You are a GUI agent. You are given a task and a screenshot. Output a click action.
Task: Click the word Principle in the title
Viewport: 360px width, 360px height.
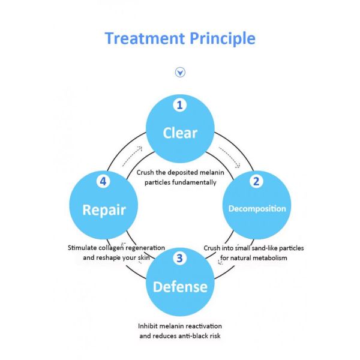tap(223, 39)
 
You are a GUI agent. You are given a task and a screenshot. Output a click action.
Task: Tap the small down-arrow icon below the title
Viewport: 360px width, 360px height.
tap(180, 73)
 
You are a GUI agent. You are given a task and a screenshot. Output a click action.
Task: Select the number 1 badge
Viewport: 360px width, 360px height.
tap(179, 106)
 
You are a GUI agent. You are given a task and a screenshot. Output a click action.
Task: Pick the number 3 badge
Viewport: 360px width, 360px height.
tap(179, 259)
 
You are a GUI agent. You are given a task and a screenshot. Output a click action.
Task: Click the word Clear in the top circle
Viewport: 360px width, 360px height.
tap(180, 132)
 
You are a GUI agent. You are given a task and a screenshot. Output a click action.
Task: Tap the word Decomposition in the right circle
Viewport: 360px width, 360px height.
tap(257, 209)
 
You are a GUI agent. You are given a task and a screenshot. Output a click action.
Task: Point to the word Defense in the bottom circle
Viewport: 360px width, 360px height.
tap(180, 286)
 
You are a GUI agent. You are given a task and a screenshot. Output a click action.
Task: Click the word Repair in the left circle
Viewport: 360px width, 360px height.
tap(104, 210)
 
